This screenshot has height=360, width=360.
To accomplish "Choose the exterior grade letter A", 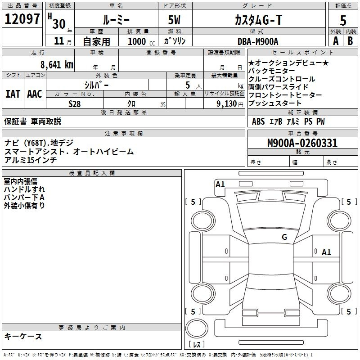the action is pyautogui.click(x=336, y=41).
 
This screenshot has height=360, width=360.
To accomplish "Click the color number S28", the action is pyautogui.click(x=75, y=103).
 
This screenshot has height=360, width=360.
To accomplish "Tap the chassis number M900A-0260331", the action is pyautogui.click(x=302, y=144).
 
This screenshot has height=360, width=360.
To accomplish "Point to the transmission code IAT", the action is pyautogui.click(x=13, y=94).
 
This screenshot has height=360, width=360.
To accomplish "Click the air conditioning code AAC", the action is pyautogui.click(x=35, y=94).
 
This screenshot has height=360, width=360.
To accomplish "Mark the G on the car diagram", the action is pyautogui.click(x=284, y=237).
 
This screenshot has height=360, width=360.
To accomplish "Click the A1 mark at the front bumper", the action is pyautogui.click(x=220, y=184).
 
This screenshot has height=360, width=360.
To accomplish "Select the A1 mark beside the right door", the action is pyautogui.click(x=326, y=252).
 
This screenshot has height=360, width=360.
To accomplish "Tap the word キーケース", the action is pyautogui.click(x=23, y=336).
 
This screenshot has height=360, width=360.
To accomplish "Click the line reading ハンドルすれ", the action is pyautogui.click(x=24, y=189).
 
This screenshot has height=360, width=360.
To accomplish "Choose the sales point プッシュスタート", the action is pyautogui.click(x=278, y=103).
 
